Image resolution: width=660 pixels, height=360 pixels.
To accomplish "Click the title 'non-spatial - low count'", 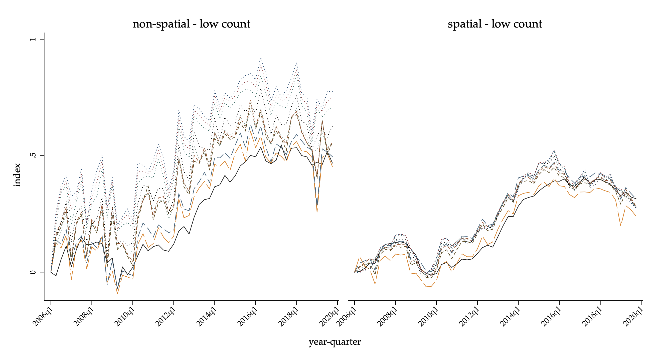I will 191,24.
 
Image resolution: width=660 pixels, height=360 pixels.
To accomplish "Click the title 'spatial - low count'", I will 495,24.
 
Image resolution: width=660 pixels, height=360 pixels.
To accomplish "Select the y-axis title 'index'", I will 17,175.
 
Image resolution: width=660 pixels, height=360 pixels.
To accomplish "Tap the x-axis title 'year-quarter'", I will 335,342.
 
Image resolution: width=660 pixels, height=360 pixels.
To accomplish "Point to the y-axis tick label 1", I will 33,39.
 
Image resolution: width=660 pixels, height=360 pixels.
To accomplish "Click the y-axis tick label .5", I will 33,155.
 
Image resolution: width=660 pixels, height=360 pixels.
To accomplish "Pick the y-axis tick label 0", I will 33,272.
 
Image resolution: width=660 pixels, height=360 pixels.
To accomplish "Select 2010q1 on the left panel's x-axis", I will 125,317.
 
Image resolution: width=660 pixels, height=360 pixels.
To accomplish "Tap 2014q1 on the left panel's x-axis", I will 207,317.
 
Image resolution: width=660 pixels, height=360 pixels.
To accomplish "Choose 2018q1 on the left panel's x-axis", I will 289,317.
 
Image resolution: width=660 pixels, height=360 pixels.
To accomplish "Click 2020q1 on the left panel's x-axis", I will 329,317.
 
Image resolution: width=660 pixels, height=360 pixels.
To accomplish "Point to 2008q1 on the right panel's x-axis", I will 388,317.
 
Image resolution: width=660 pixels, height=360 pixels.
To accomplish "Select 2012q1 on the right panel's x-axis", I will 469,317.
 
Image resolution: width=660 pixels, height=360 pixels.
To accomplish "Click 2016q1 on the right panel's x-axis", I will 551,317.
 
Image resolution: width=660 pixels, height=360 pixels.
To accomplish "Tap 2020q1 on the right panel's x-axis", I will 633,317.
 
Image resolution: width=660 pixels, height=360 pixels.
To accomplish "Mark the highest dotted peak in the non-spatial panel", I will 261,58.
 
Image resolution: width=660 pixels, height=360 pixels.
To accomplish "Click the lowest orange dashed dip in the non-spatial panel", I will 117,294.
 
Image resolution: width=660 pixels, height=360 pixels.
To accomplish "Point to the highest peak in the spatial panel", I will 554,150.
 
